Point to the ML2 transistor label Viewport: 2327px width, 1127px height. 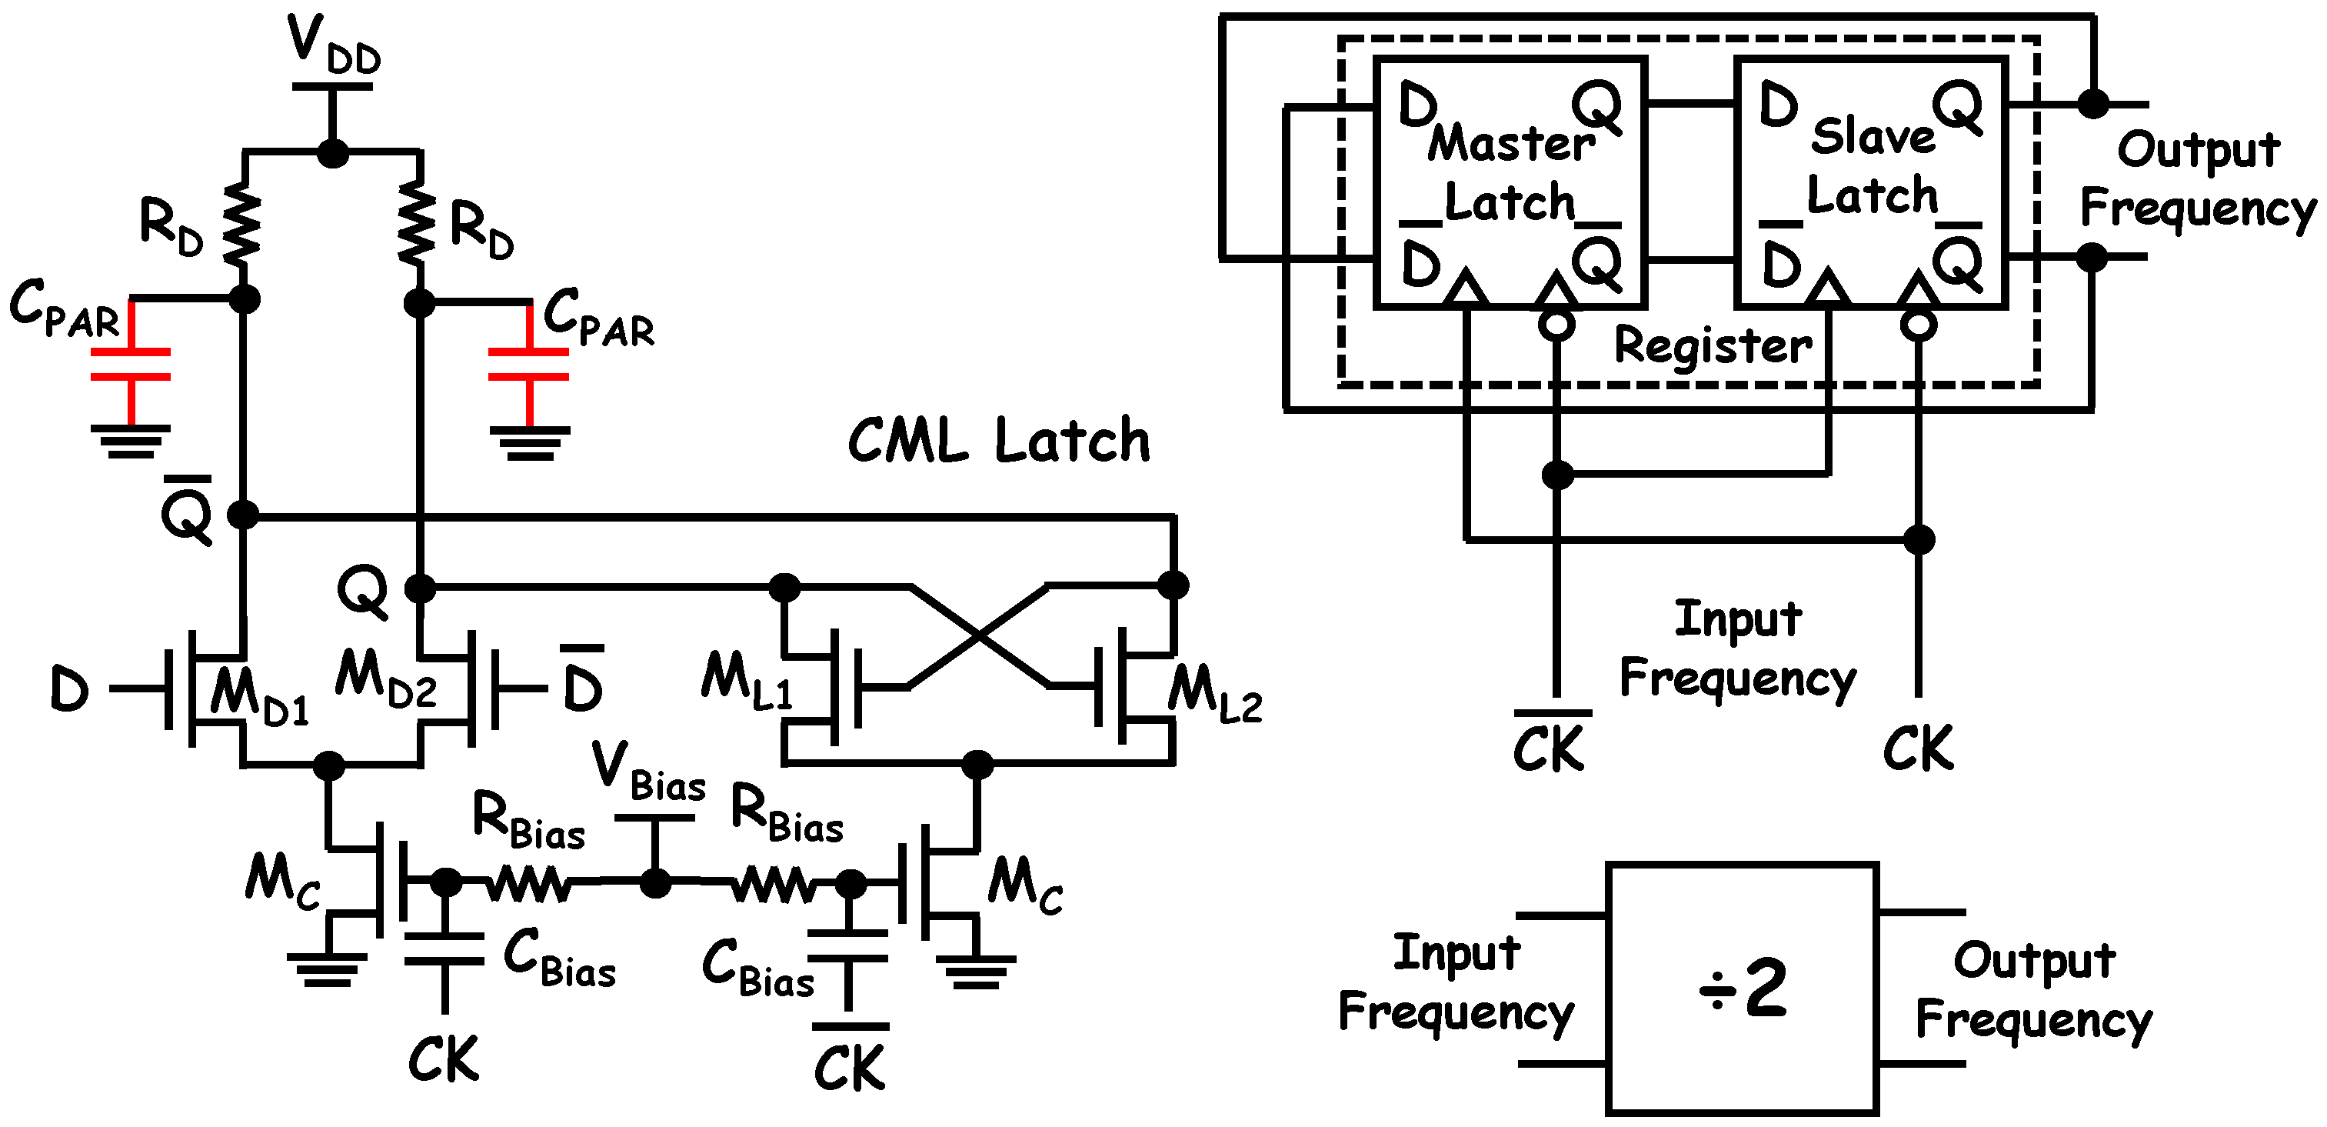[x=1213, y=694]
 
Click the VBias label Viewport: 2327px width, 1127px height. [x=647, y=772]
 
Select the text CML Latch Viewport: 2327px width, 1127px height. [x=998, y=442]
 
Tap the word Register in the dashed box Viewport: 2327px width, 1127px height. [x=1712, y=345]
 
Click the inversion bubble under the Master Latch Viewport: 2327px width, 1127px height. [x=1556, y=325]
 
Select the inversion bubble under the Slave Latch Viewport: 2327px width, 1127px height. [x=1918, y=325]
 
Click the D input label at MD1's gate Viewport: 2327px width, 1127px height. [x=68, y=689]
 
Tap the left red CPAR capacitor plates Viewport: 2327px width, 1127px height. [x=131, y=363]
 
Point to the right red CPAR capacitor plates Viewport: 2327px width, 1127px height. [x=528, y=363]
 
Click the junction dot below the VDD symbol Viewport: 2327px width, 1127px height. [x=332, y=153]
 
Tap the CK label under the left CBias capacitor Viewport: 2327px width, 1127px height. [x=443, y=1059]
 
